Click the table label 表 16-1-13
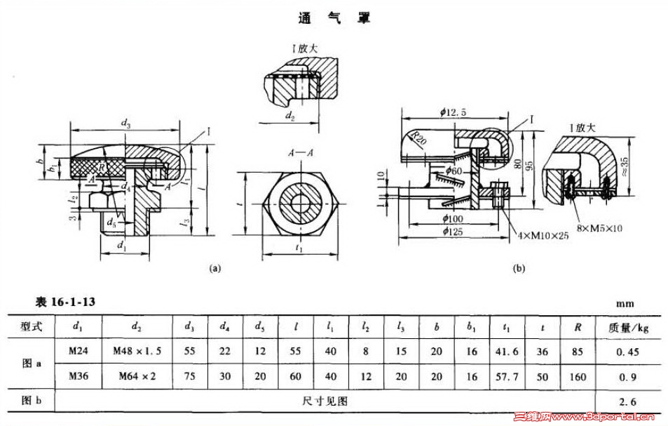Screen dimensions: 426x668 pos(65,302)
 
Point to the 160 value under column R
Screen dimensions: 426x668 pos(578,376)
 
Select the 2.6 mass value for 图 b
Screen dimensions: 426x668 pos(629,401)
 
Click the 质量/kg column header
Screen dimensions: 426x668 pos(628,326)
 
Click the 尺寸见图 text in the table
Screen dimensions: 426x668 pos(325,401)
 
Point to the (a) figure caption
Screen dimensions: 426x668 pos(215,267)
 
